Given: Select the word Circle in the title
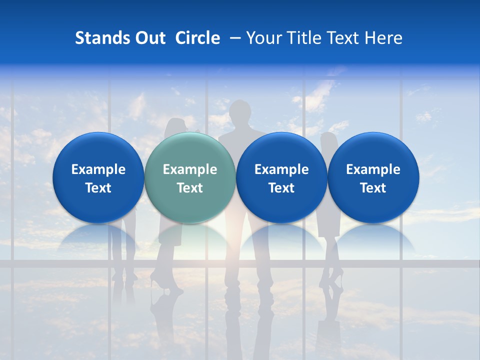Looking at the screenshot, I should click(x=197, y=38).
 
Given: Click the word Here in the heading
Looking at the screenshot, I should click(x=383, y=38).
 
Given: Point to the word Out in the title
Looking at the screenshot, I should click(x=149, y=38).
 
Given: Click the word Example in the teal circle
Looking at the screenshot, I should click(x=190, y=169).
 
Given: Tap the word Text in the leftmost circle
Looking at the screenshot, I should click(x=98, y=188).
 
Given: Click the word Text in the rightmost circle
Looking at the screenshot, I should click(x=373, y=188).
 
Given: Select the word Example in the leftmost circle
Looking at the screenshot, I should click(x=98, y=169).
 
